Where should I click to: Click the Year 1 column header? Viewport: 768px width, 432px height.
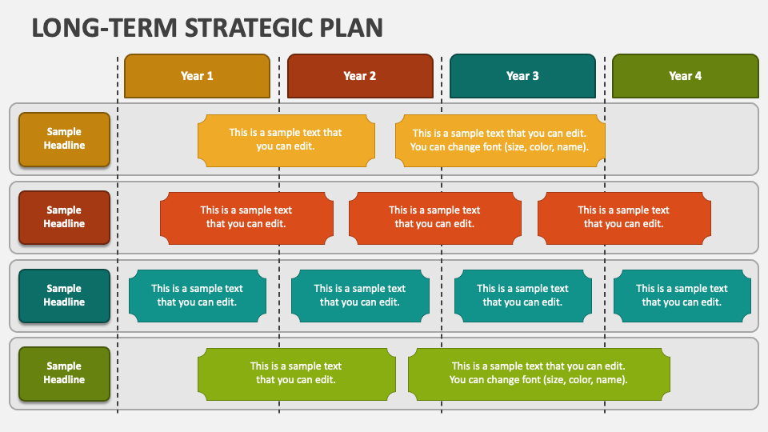tap(197, 76)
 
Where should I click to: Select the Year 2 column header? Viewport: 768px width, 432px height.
tap(360, 76)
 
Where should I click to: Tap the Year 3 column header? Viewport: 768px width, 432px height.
tap(522, 76)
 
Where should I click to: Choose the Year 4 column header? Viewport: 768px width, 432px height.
tap(685, 76)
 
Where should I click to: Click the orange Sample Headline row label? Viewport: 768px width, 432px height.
tap(64, 139)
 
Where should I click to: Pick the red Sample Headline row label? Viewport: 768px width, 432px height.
tap(64, 217)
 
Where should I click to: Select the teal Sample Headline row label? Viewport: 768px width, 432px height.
tap(64, 295)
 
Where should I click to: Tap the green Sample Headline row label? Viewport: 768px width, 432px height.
tap(64, 373)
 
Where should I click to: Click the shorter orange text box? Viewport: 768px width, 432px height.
tap(286, 140)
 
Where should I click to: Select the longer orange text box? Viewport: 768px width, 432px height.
tap(500, 140)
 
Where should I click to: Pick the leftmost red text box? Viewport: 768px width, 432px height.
tap(246, 218)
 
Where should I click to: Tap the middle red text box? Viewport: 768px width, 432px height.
tap(434, 218)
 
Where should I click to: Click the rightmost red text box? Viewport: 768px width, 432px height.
tap(624, 218)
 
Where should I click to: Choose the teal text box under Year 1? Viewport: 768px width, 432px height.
tap(197, 295)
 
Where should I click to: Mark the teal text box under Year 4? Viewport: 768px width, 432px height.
tap(682, 295)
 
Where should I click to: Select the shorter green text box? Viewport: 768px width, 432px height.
tap(296, 374)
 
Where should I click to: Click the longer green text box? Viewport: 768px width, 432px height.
tap(538, 374)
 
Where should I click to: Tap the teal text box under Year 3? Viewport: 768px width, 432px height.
tap(522, 295)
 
